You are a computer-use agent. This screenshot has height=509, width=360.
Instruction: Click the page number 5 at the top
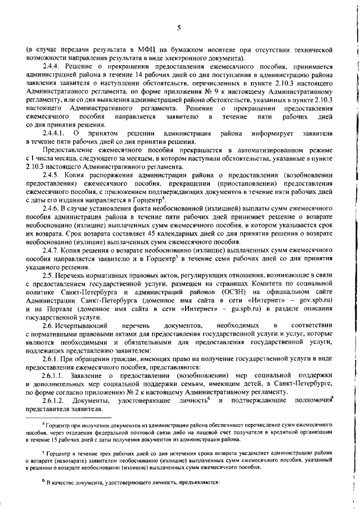pos(179,28)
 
